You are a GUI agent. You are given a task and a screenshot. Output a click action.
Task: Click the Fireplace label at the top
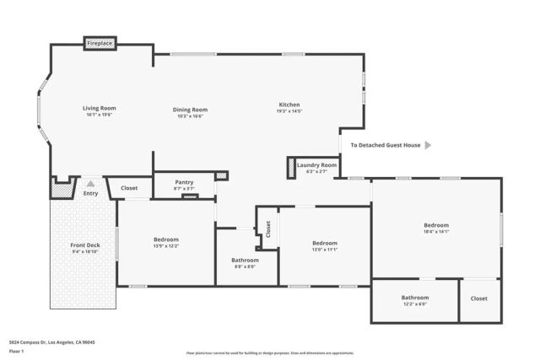click(x=100, y=42)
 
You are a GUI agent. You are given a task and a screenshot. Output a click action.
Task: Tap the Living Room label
click(x=99, y=108)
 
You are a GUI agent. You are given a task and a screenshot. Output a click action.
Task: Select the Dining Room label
click(x=192, y=109)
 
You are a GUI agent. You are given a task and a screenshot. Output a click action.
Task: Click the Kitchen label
click(x=289, y=105)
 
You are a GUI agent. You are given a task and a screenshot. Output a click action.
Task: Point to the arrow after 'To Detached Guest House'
click(x=428, y=145)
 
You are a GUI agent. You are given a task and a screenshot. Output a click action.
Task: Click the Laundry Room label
click(x=316, y=165)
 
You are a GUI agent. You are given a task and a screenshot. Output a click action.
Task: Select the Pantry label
click(x=184, y=182)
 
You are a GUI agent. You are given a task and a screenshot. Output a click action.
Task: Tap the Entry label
click(x=90, y=194)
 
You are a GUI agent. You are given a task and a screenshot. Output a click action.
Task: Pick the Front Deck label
click(x=85, y=245)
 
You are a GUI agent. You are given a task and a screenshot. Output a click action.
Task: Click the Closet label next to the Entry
click(x=129, y=188)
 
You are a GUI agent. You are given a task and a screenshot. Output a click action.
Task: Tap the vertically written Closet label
click(x=268, y=228)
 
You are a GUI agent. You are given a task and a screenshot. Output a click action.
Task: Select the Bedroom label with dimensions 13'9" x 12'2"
click(x=165, y=239)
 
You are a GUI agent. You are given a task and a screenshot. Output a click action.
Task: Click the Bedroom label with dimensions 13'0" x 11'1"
click(x=324, y=243)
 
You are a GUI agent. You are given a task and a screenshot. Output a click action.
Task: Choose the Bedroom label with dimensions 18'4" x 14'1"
click(x=436, y=225)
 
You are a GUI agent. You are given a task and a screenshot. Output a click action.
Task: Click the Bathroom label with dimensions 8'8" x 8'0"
click(x=245, y=260)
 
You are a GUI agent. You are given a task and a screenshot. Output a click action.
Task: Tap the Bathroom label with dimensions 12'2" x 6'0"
click(x=415, y=298)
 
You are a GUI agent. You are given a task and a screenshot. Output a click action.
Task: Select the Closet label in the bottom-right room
click(x=478, y=298)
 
